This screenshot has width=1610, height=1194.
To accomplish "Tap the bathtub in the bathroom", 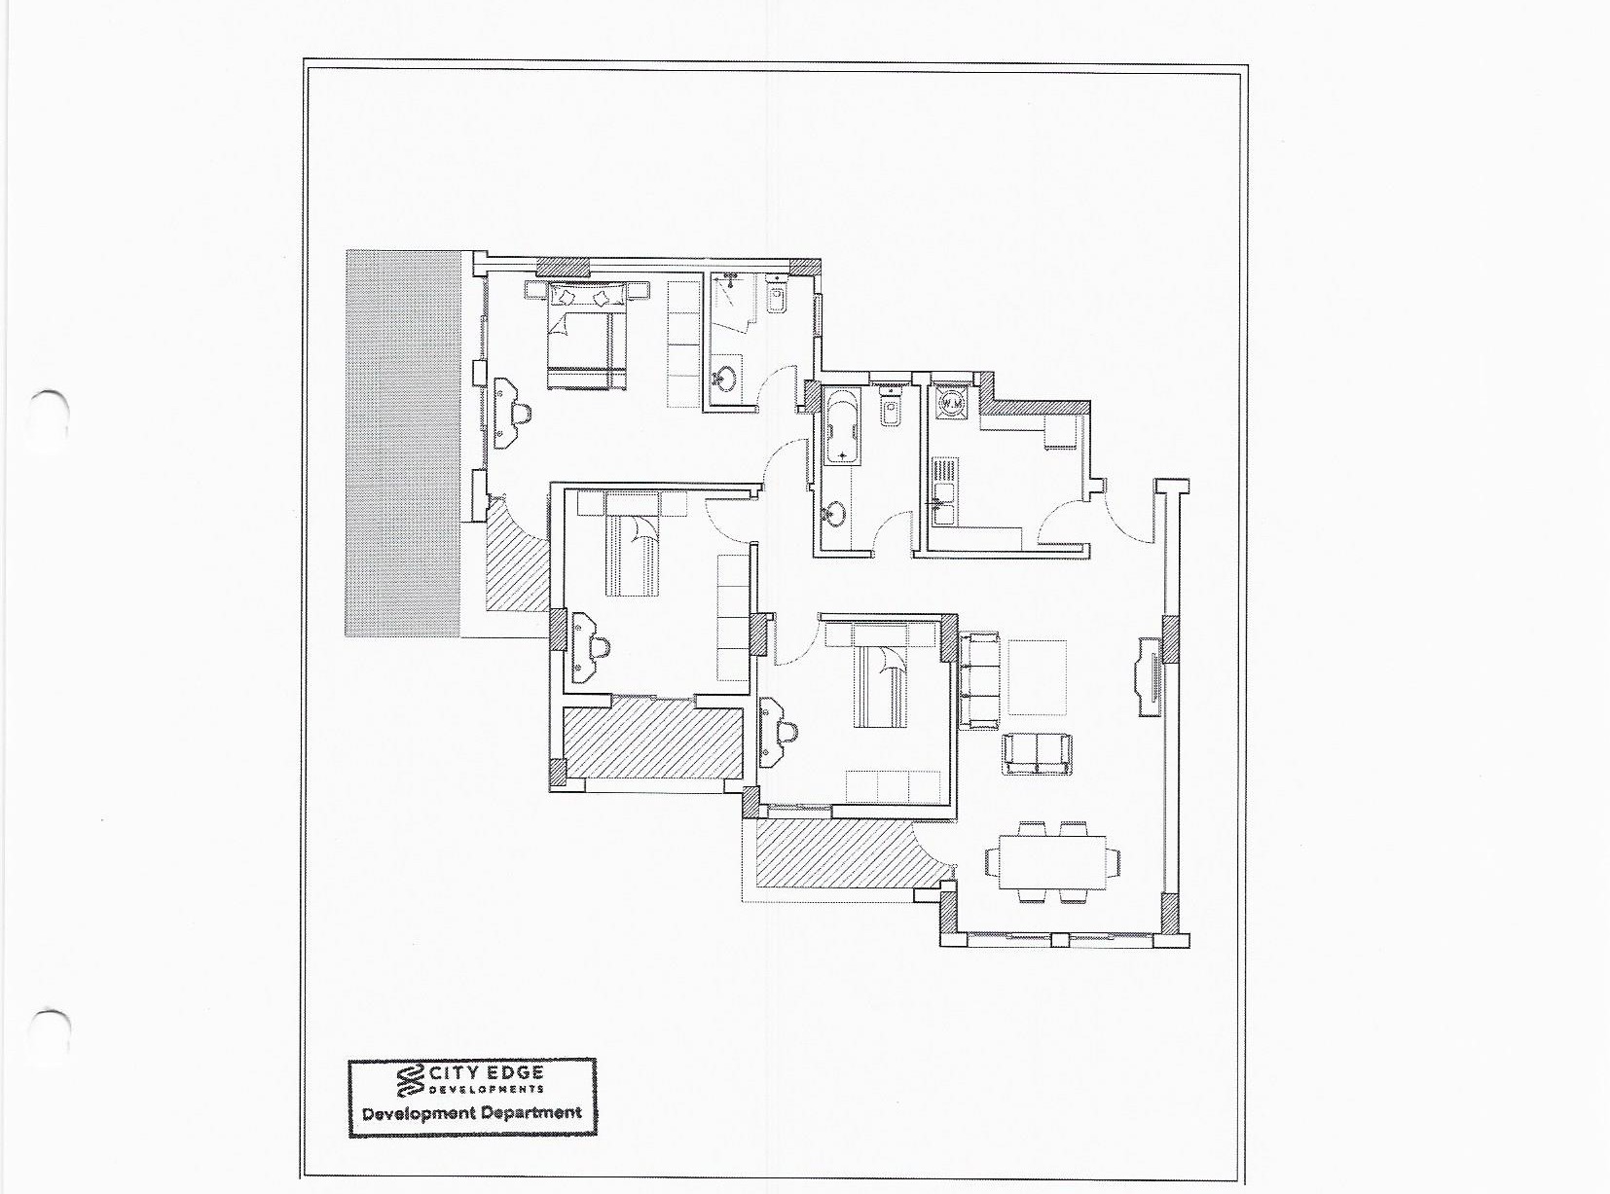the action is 842,426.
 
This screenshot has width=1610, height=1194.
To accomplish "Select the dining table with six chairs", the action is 1052,862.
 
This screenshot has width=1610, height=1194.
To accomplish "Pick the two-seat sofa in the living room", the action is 1037,754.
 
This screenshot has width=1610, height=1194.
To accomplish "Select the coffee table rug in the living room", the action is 1037,677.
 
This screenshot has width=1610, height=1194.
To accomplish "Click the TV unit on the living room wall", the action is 1149,677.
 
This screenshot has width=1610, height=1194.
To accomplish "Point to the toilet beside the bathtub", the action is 889,408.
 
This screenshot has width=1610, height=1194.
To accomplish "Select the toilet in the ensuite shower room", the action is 776,296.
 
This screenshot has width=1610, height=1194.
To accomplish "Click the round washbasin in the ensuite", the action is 726,377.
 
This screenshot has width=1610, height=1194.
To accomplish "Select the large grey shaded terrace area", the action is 402,444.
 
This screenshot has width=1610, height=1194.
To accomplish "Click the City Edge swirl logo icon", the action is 410,1081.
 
